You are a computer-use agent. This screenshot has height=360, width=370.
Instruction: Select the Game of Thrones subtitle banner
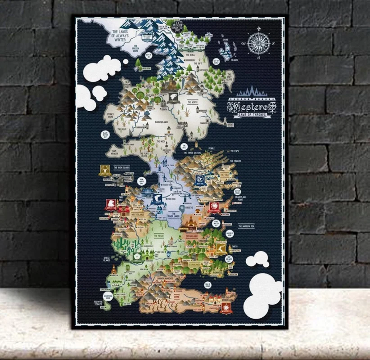tap(252, 115)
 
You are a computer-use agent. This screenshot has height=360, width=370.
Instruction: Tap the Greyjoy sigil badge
tap(105, 171)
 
